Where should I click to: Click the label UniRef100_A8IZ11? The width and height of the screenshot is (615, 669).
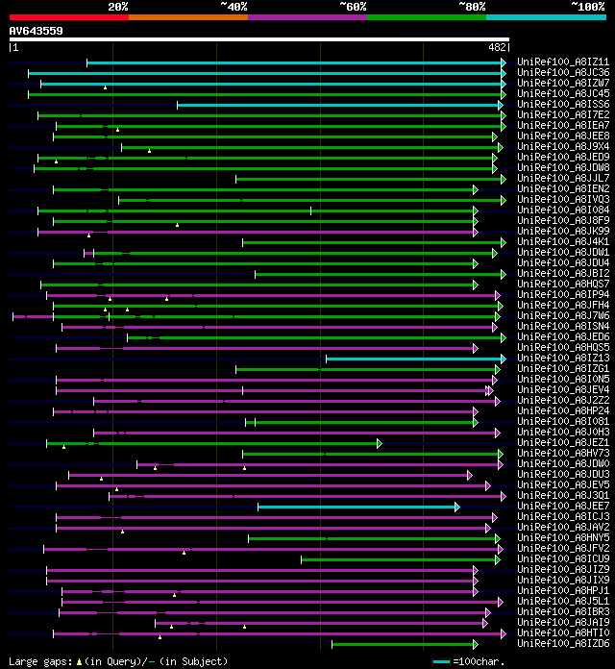click(x=562, y=62)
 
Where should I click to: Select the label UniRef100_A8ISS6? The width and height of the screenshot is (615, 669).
click(x=562, y=105)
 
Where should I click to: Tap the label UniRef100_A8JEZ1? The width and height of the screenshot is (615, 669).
click(x=562, y=443)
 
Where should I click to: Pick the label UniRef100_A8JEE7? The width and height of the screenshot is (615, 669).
click(x=562, y=507)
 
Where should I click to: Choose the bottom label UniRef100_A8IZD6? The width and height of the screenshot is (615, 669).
click(x=562, y=644)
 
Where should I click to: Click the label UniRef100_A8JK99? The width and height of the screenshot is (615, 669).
click(x=562, y=232)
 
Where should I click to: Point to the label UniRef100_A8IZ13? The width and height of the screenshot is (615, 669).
click(x=562, y=359)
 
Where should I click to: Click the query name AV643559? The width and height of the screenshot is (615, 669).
click(x=37, y=31)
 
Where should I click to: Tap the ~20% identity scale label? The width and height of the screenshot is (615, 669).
click(x=118, y=7)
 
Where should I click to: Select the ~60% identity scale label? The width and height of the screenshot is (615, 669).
click(x=353, y=7)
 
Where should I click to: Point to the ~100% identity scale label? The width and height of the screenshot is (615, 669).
click(x=587, y=7)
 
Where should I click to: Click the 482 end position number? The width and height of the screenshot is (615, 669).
click(x=497, y=47)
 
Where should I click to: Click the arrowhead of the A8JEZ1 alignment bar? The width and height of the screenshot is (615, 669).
click(x=380, y=443)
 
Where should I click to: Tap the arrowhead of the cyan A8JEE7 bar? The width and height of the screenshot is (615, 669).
click(x=456, y=507)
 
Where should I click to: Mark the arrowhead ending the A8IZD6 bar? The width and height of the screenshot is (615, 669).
click(x=475, y=644)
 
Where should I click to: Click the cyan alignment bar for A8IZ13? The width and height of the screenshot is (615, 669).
click(x=413, y=359)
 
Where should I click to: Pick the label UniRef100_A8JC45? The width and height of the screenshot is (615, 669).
click(x=562, y=94)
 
